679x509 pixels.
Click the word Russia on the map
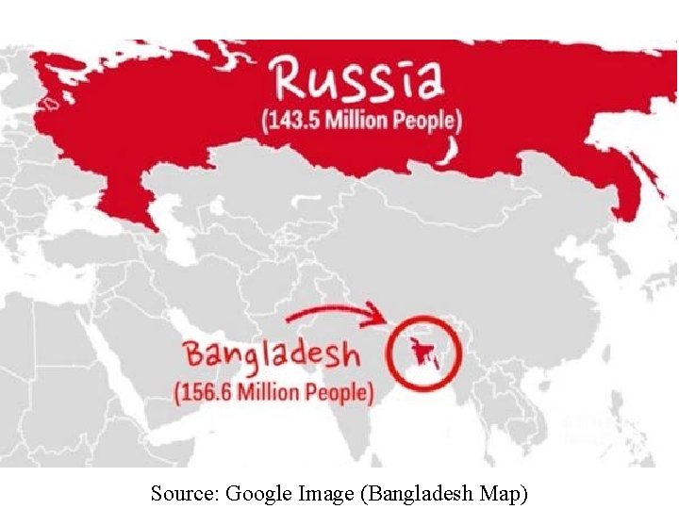(356, 79)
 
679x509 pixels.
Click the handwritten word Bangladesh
(272, 354)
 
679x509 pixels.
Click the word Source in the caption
(184, 492)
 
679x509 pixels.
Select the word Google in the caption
(258, 492)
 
